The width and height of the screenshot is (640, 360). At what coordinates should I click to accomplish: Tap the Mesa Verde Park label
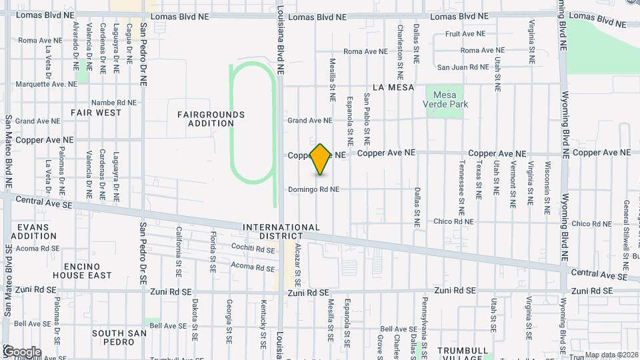(445, 99)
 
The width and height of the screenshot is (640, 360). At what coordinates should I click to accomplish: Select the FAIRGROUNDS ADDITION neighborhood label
(211, 119)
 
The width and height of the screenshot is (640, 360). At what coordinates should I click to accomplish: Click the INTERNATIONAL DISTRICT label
(281, 231)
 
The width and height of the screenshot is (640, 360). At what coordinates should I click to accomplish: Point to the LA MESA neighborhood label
(393, 87)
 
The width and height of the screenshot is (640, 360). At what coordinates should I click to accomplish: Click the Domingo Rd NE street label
(313, 189)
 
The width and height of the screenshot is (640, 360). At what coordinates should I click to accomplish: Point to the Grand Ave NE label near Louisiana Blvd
(309, 121)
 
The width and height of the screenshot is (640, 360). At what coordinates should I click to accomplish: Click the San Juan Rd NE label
(463, 67)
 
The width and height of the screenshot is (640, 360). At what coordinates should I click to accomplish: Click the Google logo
(21, 352)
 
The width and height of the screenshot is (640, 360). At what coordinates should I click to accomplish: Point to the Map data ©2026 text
(611, 355)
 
